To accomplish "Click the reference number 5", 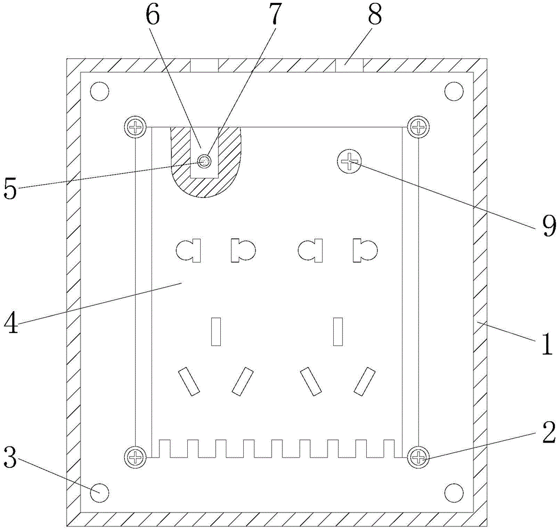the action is [11, 189].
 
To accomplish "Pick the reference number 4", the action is [11, 323].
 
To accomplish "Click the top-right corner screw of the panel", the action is [417, 127].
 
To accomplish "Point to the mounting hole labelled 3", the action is [100, 492].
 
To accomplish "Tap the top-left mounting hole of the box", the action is [100, 91].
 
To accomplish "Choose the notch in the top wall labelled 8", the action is [349, 65].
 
